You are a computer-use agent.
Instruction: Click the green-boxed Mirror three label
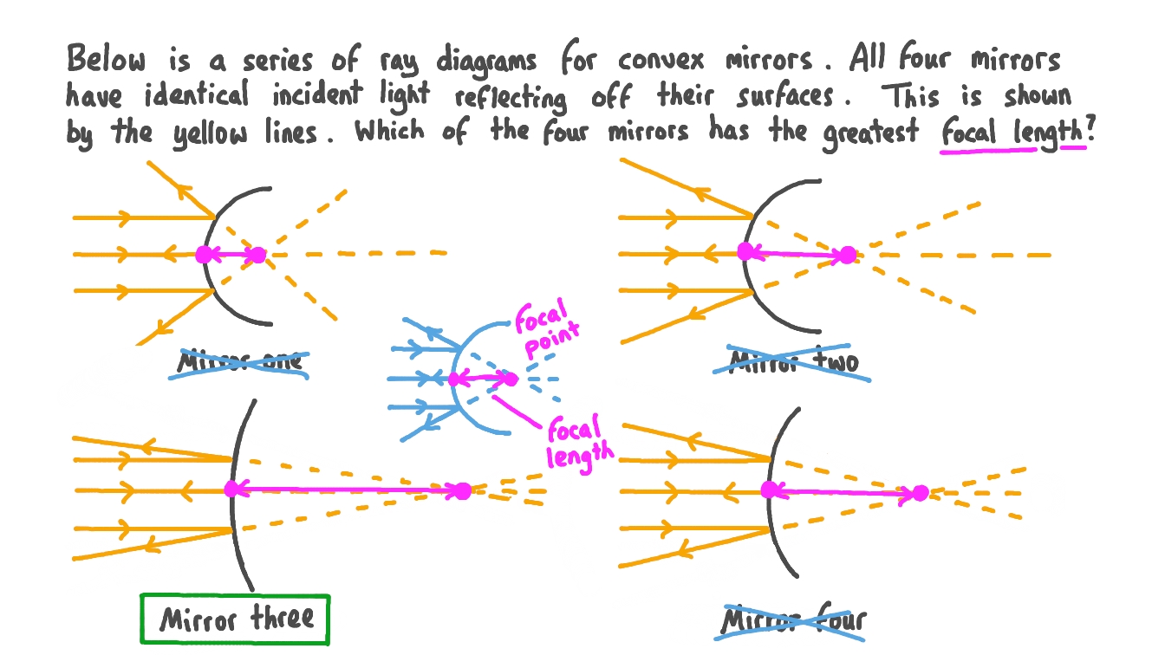pos(235,619)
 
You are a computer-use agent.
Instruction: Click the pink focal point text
pos(547,328)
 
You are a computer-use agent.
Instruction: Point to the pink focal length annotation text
pos(580,443)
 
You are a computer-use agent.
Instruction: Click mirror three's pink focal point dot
pos(462,490)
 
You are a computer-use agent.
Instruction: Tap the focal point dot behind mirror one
pos(257,256)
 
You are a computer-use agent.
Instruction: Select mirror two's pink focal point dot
pos(848,256)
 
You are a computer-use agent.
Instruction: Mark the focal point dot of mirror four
pos(920,493)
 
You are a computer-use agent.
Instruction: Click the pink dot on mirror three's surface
pos(232,490)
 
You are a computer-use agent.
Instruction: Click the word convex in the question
pos(661,61)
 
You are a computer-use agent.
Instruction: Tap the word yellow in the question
pos(210,133)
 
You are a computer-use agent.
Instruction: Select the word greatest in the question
pos(870,133)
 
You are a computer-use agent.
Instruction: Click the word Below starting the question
pos(106,58)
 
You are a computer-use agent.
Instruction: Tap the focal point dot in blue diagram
pos(511,379)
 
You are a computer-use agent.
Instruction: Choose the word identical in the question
pos(197,94)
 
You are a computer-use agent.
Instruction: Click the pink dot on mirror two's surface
pos(745,251)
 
